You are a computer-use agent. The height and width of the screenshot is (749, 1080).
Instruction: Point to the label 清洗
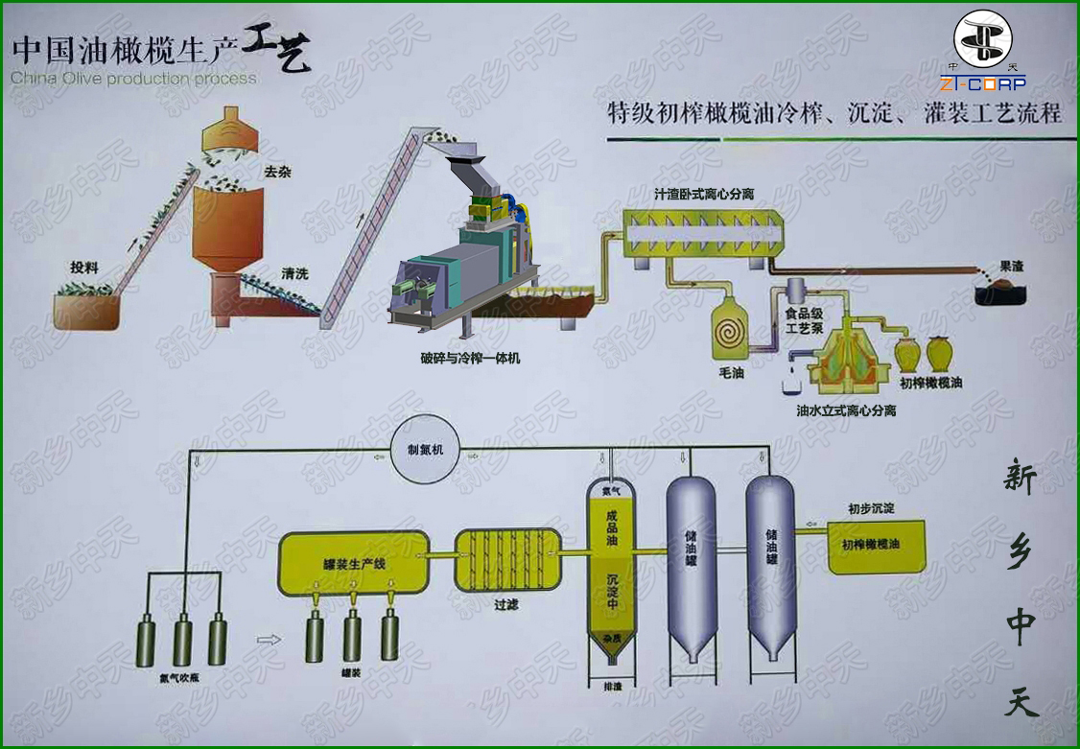tap(294, 274)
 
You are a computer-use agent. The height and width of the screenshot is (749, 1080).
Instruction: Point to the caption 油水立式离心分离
tap(845, 410)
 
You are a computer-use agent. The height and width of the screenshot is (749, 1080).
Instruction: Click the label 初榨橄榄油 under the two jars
tap(930, 383)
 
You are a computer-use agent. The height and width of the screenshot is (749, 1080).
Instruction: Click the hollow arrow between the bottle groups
tap(272, 639)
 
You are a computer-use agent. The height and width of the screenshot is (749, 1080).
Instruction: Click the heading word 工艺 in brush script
tap(277, 50)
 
